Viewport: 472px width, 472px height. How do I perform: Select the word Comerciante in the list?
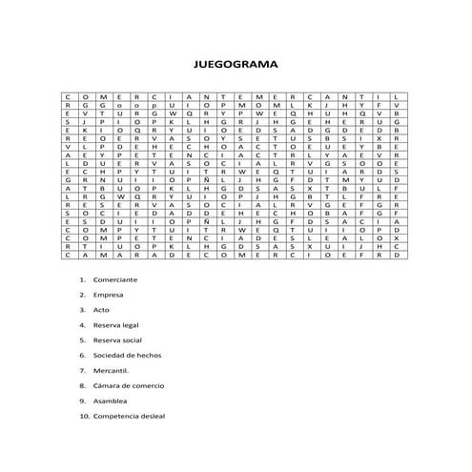[x=115, y=279]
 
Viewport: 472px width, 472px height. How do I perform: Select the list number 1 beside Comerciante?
[x=83, y=279]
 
